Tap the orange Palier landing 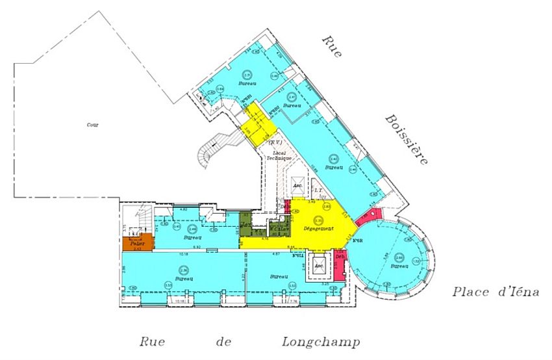137,244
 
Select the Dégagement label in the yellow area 318,229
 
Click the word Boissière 406,139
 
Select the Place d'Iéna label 496,292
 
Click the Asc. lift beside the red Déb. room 319,266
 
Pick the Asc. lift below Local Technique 298,185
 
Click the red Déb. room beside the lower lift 340,263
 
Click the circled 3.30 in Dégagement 318,220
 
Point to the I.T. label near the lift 319,190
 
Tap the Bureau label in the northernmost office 246,84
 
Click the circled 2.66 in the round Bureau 399,257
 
